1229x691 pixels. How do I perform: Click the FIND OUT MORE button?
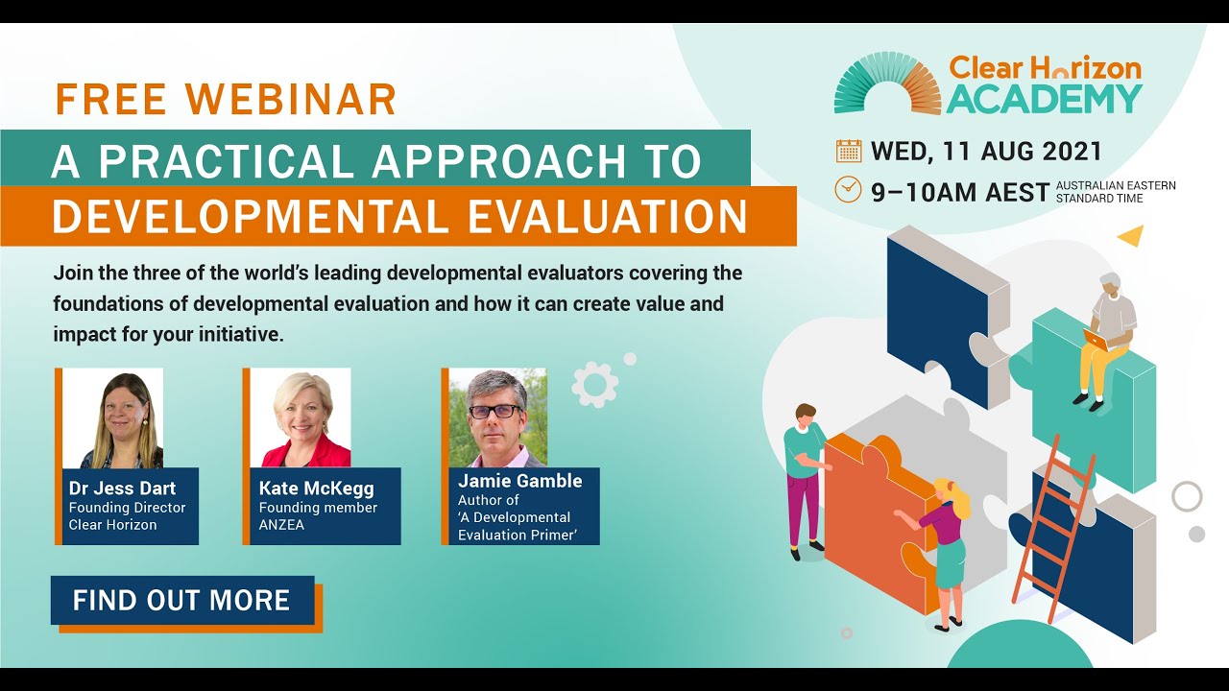click(x=182, y=601)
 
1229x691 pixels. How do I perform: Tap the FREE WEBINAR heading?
click(x=226, y=100)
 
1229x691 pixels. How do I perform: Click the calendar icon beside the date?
click(x=849, y=152)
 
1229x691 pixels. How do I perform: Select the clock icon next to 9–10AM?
click(x=848, y=190)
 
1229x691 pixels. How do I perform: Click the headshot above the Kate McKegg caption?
click(x=301, y=418)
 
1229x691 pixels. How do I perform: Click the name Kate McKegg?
click(x=316, y=488)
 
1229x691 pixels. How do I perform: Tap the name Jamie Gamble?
click(x=519, y=480)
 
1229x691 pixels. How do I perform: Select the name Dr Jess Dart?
click(x=122, y=488)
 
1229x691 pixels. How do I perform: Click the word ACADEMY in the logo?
click(x=1045, y=99)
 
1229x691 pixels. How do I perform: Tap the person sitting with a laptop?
click(x=1108, y=336)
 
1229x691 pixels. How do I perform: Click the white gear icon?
click(x=594, y=385)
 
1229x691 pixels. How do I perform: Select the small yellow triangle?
click(x=1131, y=234)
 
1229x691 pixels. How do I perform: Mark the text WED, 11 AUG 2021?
click(x=986, y=152)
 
